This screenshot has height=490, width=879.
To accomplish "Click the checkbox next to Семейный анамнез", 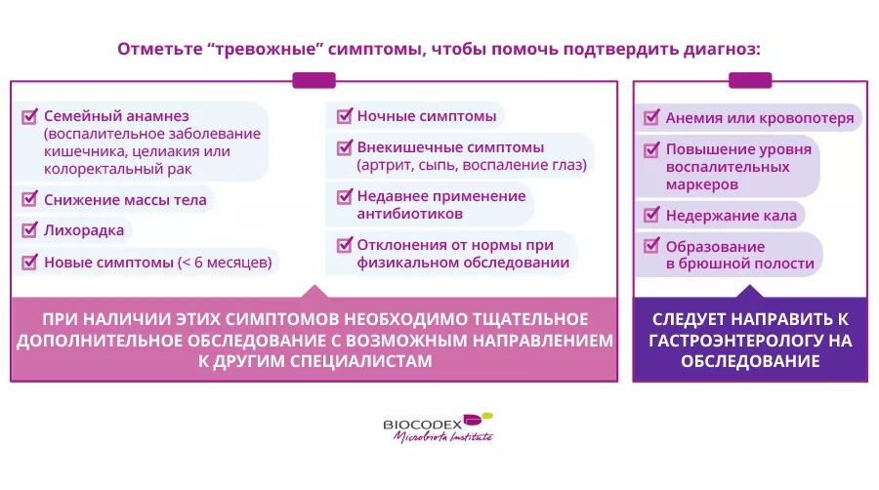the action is click(29, 116).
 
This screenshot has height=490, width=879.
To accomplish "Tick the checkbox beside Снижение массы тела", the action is click(29, 199).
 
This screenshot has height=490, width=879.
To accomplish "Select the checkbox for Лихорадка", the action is click(29, 229).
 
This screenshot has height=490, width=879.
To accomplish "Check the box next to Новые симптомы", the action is click(29, 262).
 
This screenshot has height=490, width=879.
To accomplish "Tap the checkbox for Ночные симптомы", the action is click(344, 116).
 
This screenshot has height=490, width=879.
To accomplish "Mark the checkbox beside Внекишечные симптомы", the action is click(344, 147).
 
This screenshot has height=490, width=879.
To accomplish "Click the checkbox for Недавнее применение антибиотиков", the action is click(344, 196).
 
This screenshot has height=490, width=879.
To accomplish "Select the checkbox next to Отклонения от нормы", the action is click(344, 245).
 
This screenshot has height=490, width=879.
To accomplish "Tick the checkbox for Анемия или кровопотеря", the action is click(651, 117).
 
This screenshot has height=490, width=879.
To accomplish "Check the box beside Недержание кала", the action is click(651, 215).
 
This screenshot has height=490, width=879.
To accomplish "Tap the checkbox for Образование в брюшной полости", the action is click(651, 245).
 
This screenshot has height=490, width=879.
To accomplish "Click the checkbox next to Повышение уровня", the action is click(651, 149).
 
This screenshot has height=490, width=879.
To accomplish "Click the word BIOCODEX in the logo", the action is click(423, 425).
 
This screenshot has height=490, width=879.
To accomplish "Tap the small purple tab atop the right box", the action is click(750, 80).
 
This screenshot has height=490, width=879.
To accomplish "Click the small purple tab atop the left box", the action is click(314, 80).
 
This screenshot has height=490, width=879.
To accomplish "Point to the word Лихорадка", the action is click(84, 230).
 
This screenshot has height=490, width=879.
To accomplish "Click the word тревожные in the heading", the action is click(266, 49).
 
